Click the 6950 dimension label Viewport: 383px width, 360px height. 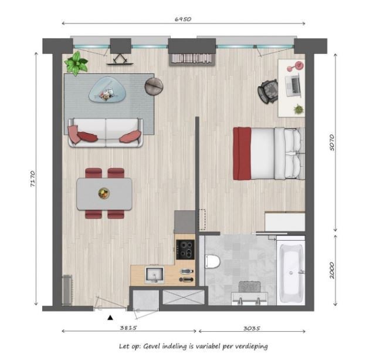(x=183, y=19)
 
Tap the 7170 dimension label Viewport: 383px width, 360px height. (x=33, y=179)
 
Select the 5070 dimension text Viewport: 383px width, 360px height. (x=332, y=142)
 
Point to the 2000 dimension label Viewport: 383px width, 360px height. (x=332, y=270)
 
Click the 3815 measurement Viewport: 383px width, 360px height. (x=128, y=328)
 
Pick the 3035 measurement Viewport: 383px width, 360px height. (x=252, y=328)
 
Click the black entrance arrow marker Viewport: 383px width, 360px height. (x=110, y=318)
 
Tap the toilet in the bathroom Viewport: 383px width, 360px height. (x=212, y=261)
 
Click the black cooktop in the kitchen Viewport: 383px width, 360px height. (x=185, y=249)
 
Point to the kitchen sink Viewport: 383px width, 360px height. (x=155, y=275)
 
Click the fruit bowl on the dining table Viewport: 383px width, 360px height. (x=104, y=193)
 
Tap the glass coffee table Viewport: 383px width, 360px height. (x=107, y=89)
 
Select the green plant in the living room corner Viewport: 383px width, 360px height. (x=76, y=63)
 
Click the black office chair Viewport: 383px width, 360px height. (x=268, y=91)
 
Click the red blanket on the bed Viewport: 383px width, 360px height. (x=242, y=153)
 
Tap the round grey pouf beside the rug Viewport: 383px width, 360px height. (x=154, y=86)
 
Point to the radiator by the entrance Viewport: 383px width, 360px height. (x=67, y=290)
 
